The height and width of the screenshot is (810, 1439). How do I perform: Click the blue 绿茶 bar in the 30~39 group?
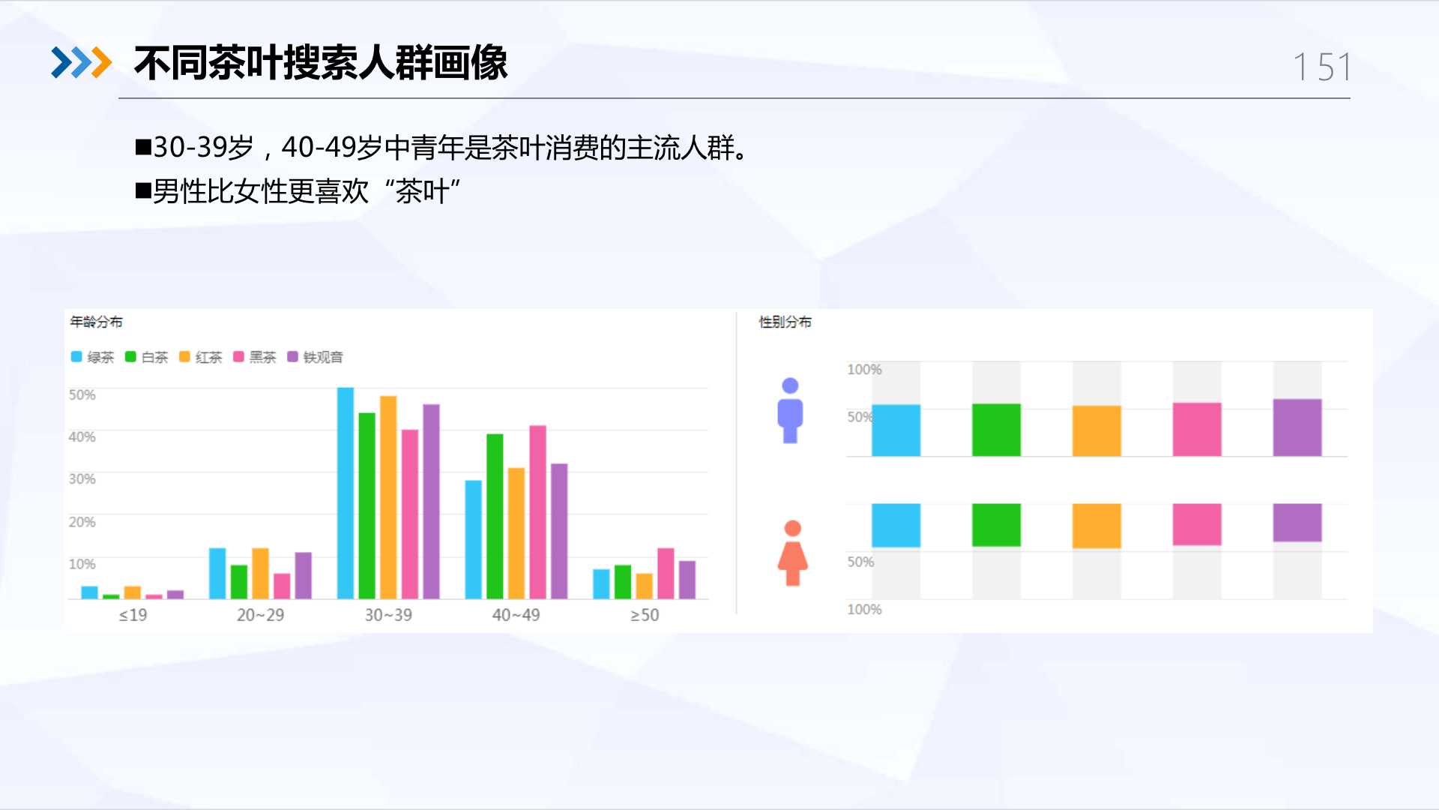tap(346, 493)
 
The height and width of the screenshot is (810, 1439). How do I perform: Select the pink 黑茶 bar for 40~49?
tap(537, 512)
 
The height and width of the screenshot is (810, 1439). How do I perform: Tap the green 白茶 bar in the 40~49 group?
tap(495, 516)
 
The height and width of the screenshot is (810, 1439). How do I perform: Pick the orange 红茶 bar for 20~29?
tap(260, 574)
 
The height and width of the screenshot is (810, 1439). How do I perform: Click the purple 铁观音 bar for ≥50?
tap(687, 580)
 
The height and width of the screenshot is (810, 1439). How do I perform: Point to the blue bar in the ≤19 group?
tap(89, 592)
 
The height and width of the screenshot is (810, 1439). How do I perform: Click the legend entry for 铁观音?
tap(316, 357)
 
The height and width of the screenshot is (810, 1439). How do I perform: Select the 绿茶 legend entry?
tap(92, 357)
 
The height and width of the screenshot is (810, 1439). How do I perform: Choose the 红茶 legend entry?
tap(201, 357)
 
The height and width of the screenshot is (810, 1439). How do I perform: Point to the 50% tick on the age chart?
tap(82, 394)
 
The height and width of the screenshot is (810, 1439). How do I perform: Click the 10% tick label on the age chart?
tap(82, 564)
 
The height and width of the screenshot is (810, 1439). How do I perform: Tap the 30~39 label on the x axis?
tap(388, 615)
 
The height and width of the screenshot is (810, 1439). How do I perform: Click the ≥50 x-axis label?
tap(645, 615)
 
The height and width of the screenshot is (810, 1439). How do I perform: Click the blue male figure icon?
tap(790, 410)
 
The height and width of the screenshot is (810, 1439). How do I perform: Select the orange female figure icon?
tap(792, 553)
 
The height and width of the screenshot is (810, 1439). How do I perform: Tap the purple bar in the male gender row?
tap(1297, 427)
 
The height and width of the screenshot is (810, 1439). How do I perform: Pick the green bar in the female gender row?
tap(996, 525)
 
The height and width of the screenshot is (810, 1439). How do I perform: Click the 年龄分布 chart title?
tap(96, 322)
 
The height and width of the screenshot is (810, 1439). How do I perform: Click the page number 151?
tap(1323, 67)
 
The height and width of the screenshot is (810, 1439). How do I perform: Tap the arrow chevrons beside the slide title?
tap(81, 62)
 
